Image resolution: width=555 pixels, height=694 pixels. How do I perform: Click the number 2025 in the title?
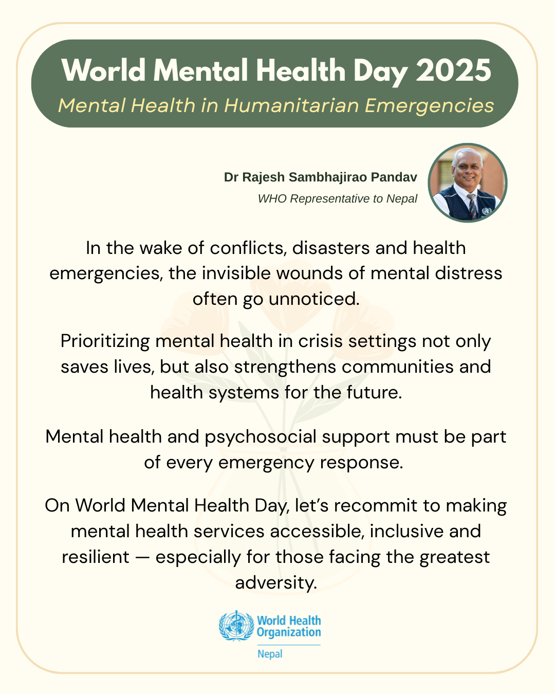click(454, 70)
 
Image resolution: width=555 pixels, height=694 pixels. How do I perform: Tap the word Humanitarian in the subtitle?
click(292, 105)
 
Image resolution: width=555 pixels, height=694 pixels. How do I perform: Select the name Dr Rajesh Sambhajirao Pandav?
click(320, 177)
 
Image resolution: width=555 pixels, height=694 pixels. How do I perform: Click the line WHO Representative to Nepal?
click(337, 199)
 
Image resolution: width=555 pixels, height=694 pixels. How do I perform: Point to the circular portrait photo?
click(468, 182)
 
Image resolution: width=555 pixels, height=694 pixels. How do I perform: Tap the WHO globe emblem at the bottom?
click(236, 626)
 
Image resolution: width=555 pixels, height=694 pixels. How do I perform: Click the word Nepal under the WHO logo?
click(270, 654)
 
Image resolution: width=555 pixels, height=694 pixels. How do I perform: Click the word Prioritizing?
click(105, 341)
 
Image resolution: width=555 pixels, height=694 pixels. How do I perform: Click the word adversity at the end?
click(276, 582)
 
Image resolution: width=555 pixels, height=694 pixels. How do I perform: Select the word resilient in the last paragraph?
click(96, 557)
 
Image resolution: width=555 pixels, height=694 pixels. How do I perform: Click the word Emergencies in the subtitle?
click(429, 105)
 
